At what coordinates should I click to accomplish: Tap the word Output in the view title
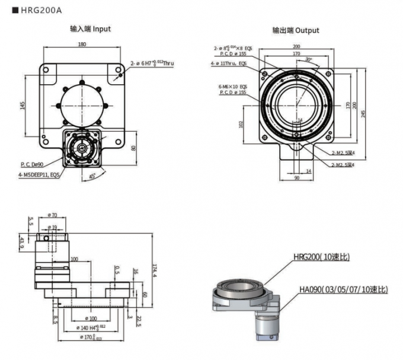(307, 30)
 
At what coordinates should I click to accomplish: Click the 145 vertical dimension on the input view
(23, 105)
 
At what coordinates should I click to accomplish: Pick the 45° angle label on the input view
(93, 177)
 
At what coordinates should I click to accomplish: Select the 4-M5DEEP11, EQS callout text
(39, 175)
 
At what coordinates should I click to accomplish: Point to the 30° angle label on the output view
(308, 60)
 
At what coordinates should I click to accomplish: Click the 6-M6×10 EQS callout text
(233, 87)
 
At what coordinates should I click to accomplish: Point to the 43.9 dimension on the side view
(22, 243)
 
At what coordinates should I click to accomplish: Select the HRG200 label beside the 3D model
(321, 257)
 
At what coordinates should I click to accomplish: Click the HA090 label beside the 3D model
(343, 289)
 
